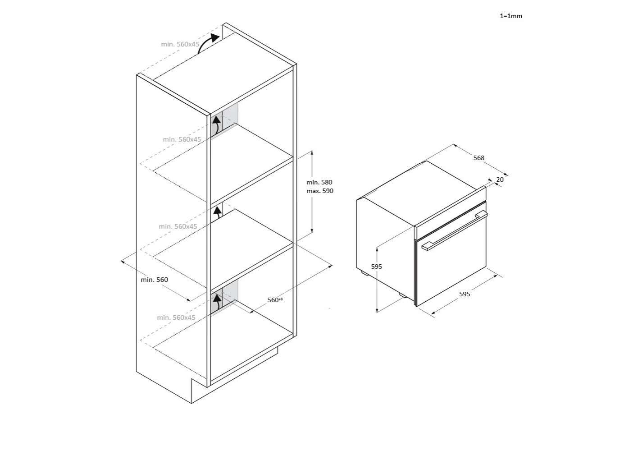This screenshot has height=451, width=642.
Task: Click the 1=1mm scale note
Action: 511,16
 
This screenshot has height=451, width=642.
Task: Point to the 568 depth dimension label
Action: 478,158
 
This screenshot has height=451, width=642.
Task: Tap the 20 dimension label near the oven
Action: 500,179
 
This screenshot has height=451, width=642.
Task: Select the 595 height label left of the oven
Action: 376,267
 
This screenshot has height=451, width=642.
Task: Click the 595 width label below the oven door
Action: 464,294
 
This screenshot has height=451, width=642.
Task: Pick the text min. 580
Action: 319,182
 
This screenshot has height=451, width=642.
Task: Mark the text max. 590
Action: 320,191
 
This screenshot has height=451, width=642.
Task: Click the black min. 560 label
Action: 154,280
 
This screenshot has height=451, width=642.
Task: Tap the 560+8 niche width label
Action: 275,300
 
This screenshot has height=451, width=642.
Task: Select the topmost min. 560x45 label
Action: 180,44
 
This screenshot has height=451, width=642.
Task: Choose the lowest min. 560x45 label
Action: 176,318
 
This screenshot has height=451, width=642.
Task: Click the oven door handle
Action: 455,230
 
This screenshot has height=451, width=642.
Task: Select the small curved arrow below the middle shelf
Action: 219,212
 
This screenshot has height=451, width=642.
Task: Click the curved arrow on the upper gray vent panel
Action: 217,124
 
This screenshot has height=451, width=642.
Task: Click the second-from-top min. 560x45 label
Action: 182,139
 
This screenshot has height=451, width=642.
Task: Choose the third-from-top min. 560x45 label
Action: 178,226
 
